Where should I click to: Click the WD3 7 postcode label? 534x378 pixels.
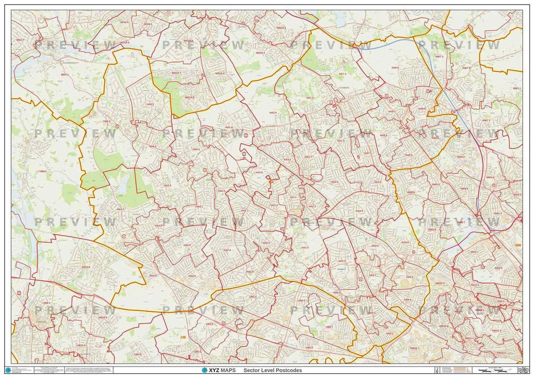pos(19,40)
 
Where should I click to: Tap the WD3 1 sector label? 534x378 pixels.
pos(65,75)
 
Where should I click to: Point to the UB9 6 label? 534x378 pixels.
pos(42,171)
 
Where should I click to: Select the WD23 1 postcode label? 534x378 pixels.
pos(260,53)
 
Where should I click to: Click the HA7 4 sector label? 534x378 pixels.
pos(342,74)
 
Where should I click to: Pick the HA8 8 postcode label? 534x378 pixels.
pos(395,68)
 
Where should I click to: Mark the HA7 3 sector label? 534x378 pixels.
pos(310,97)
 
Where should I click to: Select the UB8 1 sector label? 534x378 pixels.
pos(46,302)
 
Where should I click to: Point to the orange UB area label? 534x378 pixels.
pos(183,337)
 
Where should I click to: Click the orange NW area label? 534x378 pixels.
pos(517,246)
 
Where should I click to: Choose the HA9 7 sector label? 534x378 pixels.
pos(372,275)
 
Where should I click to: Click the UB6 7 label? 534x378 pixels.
pos(329,327)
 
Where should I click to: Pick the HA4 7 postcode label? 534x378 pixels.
pos(119,209)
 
